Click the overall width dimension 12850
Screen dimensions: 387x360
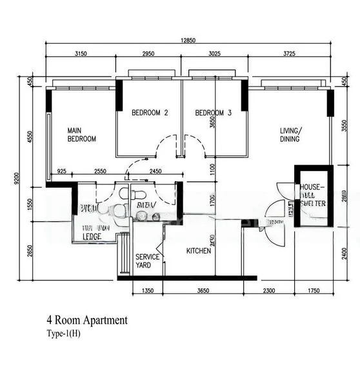[188, 40]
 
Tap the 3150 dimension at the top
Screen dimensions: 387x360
[81, 54]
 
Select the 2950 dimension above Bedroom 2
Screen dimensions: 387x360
[148, 54]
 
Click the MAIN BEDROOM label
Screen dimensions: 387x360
[82, 134]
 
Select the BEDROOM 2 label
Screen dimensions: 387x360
[150, 113]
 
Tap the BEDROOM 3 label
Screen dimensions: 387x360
[214, 113]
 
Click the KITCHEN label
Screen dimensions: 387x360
[199, 251]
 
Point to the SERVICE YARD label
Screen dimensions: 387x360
[147, 261]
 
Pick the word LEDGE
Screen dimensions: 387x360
[94, 236]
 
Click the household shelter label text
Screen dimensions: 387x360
[313, 195]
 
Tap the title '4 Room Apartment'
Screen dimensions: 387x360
[87, 320]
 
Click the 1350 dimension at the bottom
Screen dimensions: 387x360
[148, 292]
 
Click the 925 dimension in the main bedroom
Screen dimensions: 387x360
[62, 171]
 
